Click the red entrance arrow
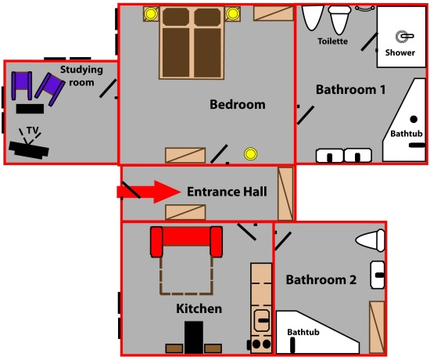pyautogui.click(x=149, y=192)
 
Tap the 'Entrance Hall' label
pyautogui.click(x=227, y=192)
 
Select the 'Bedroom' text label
pyautogui.click(x=238, y=105)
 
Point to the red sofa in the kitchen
pyautogui.click(x=187, y=241)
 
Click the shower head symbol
pyautogui.click(x=404, y=36)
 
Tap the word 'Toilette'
pyautogui.click(x=332, y=41)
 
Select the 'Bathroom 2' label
pyautogui.click(x=321, y=280)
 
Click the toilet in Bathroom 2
pyautogui.click(x=371, y=240)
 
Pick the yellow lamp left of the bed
pyautogui.click(x=151, y=14)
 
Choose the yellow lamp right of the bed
pyautogui.click(x=232, y=13)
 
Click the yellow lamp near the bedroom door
pyautogui.click(x=250, y=154)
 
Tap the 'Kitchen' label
pyautogui.click(x=199, y=309)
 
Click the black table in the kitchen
pyautogui.click(x=194, y=337)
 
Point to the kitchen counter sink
pyautogui.click(x=261, y=320)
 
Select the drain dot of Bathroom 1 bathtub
pyautogui.click(x=414, y=119)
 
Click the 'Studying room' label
pyautogui.click(x=81, y=76)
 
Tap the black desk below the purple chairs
pyautogui.click(x=30, y=109)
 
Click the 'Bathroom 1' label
pyautogui.click(x=351, y=90)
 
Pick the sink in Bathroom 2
pyautogui.click(x=378, y=275)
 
